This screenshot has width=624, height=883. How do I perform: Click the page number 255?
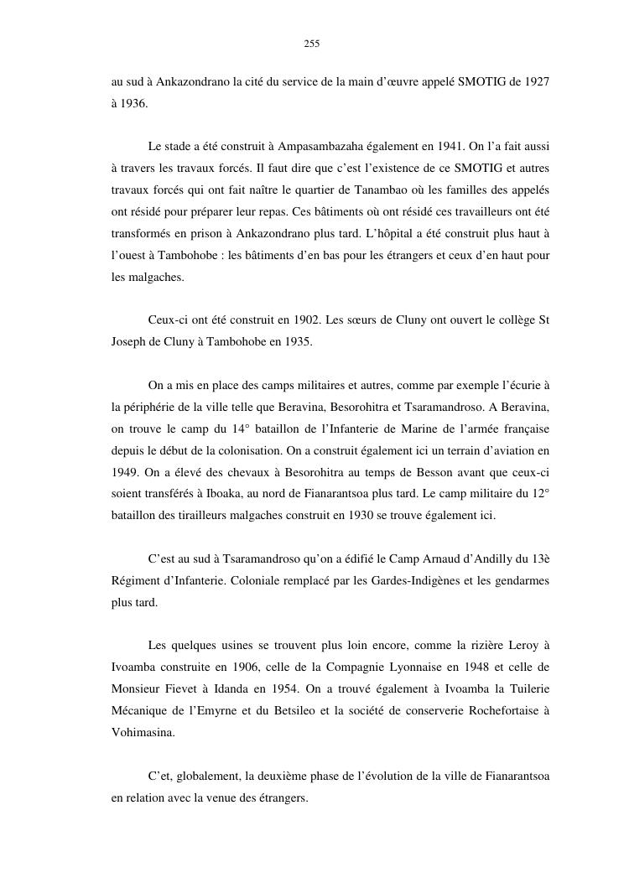click(x=312, y=44)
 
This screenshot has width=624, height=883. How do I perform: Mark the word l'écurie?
click(x=518, y=386)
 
